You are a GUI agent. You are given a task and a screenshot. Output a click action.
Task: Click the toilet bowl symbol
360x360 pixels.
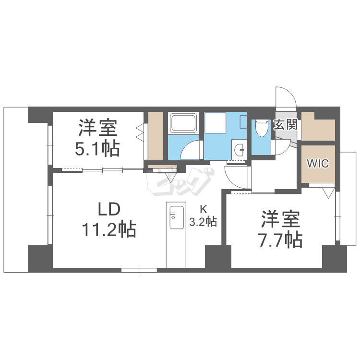click(262, 128)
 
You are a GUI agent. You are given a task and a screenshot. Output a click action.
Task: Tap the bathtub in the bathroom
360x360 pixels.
click(183, 123)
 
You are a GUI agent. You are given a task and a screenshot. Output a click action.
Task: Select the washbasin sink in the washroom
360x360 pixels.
click(239, 149)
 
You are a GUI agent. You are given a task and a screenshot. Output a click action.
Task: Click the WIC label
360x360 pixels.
click(318, 164)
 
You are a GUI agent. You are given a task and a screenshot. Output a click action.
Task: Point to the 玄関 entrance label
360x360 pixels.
click(286, 124)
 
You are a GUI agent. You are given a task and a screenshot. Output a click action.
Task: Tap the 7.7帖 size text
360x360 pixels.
click(281, 240)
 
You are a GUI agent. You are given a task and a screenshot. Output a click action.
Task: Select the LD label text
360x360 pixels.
click(109, 209)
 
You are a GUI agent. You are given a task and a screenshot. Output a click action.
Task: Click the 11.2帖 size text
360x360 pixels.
click(109, 229)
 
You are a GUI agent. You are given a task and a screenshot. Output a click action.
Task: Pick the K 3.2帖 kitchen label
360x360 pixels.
click(203, 216)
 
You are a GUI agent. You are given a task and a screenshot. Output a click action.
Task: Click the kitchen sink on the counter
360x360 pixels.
click(176, 217)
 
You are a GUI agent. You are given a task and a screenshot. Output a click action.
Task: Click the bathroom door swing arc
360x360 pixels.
click(190, 150)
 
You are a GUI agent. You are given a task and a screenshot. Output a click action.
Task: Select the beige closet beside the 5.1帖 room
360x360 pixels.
click(156, 136)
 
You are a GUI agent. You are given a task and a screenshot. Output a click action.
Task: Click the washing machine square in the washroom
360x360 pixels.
click(215, 122)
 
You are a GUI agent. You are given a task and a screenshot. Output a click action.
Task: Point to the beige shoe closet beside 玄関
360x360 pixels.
click(318, 126)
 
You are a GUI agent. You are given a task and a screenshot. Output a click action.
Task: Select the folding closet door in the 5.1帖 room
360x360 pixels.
click(140, 133)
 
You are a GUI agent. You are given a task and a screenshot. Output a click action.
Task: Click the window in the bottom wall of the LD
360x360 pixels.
click(139, 270)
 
